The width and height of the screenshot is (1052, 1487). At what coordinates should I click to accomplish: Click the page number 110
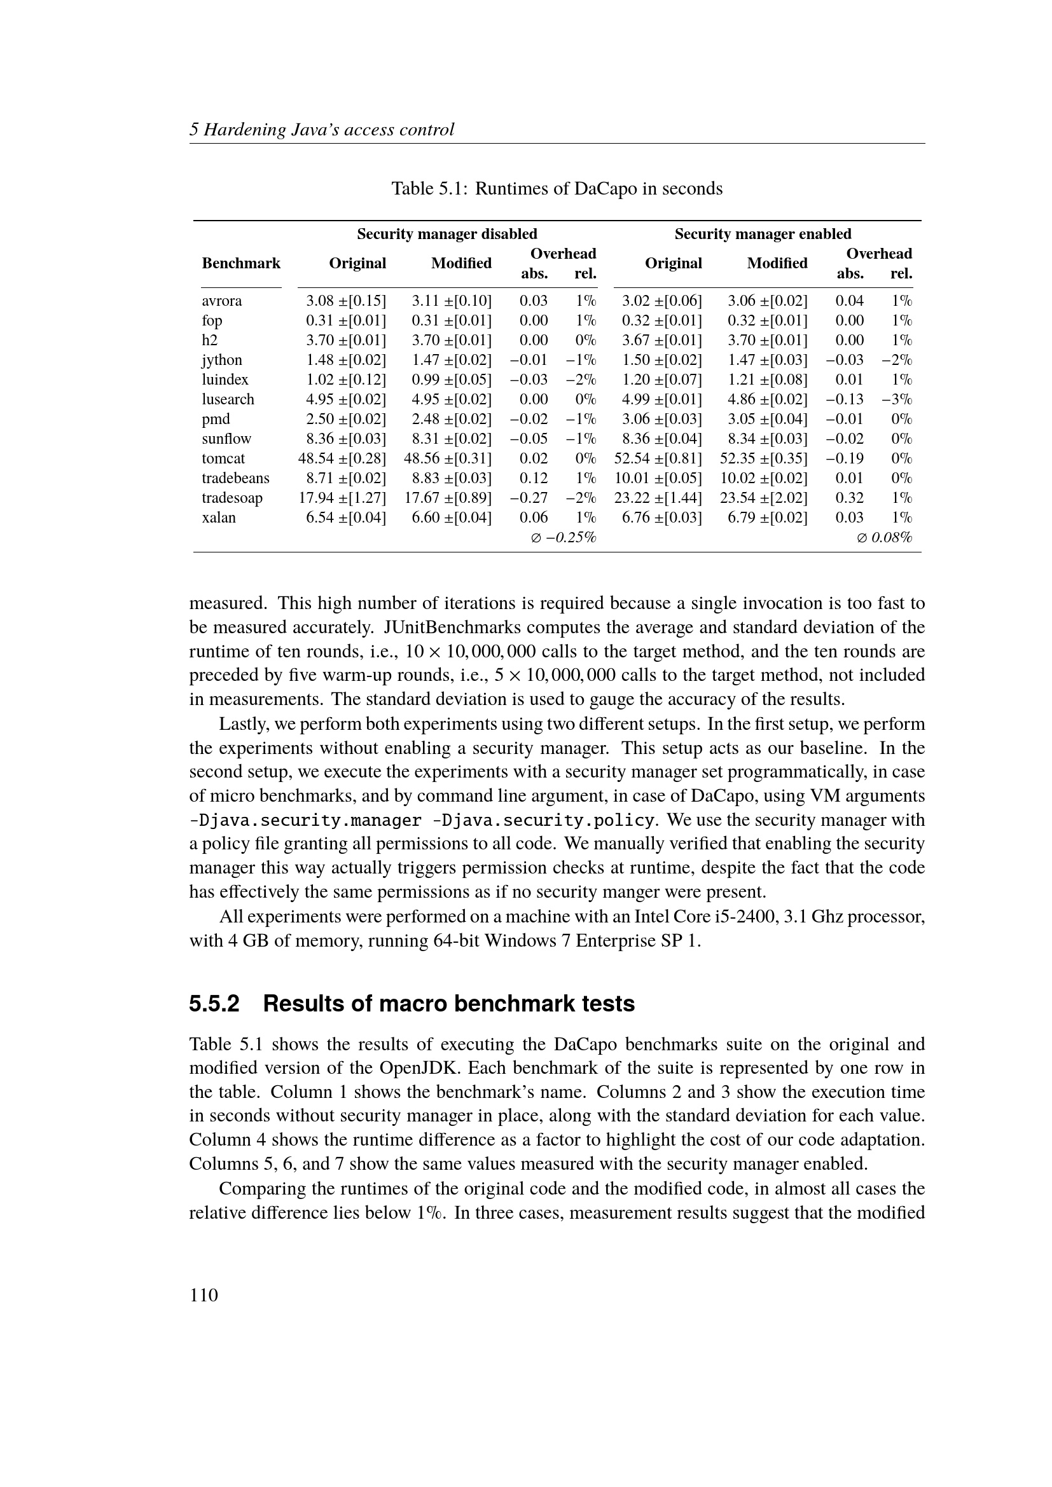tap(204, 1294)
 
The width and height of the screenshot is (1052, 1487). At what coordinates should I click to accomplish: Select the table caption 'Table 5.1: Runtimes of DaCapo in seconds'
tap(557, 188)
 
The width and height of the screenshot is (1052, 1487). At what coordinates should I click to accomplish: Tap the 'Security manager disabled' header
tap(447, 234)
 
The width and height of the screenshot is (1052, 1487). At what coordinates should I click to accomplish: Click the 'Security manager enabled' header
tap(763, 234)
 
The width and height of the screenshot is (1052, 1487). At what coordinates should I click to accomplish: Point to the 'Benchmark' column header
tap(241, 263)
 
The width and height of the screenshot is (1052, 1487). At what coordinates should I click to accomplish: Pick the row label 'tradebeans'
tap(235, 478)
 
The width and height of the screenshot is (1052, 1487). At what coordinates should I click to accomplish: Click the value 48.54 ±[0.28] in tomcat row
tap(342, 458)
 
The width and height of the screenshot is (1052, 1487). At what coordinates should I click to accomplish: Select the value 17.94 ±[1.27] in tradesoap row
tap(342, 498)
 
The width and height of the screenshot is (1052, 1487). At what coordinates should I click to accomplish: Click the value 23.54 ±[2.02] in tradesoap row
tap(763, 498)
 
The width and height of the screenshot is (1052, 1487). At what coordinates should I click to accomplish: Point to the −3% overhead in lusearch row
tap(897, 399)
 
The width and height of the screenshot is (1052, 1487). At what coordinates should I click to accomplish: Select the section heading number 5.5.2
tap(214, 1004)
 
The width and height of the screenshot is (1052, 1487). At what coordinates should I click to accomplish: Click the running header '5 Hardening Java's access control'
tap(321, 130)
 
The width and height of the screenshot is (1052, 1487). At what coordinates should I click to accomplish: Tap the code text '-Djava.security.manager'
tap(305, 821)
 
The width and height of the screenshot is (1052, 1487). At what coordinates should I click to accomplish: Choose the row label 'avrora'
tap(221, 301)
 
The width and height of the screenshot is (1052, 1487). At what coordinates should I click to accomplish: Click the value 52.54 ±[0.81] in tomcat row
tap(658, 458)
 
